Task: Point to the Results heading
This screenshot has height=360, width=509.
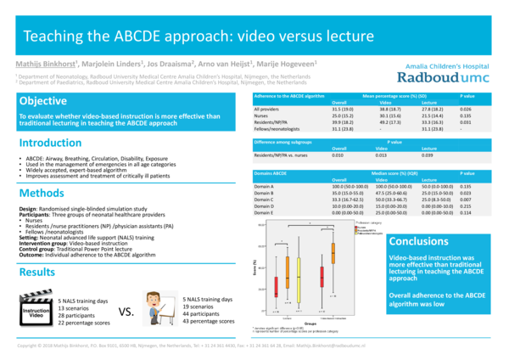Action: [38, 249]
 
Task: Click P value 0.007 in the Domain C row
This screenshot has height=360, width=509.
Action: [465, 199]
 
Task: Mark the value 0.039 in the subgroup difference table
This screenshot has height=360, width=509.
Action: [429, 155]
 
